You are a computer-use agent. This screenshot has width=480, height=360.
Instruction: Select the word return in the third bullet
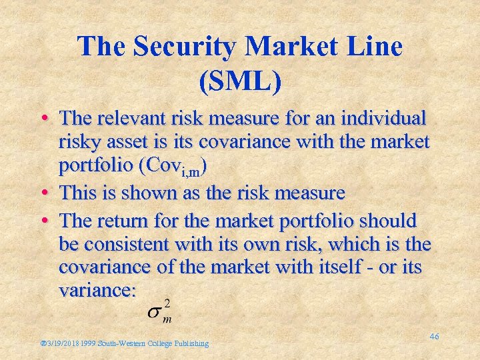click(140, 220)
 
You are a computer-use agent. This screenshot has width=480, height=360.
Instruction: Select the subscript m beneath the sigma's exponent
click(167, 319)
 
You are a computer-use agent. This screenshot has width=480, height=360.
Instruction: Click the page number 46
click(434, 337)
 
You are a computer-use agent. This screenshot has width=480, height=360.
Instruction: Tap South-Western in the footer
click(121, 344)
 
